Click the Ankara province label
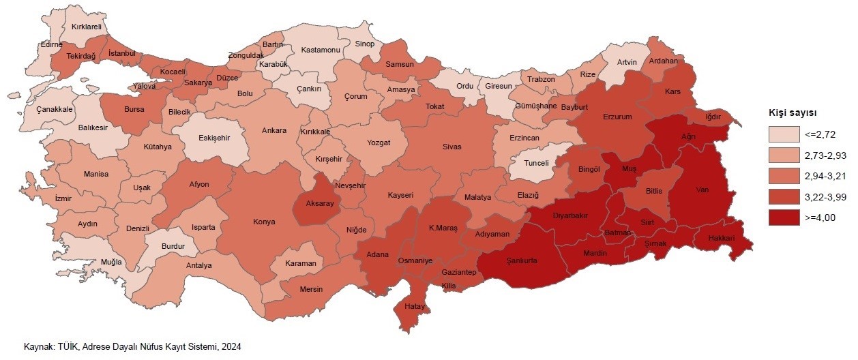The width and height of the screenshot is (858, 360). (x=274, y=131)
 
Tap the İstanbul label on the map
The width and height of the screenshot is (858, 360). (x=123, y=53)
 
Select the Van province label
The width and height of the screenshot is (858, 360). (x=702, y=190)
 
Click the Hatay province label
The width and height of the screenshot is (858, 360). (x=415, y=307)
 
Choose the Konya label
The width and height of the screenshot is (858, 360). (x=264, y=222)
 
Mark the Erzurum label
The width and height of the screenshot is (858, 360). (x=618, y=117)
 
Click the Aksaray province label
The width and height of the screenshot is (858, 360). (x=319, y=204)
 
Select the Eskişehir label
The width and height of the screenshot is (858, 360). (x=214, y=138)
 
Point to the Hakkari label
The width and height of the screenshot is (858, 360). (x=721, y=239)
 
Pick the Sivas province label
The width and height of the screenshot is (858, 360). (x=452, y=147)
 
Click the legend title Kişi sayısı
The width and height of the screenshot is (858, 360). (x=793, y=112)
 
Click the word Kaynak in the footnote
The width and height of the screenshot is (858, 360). (x=38, y=346)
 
